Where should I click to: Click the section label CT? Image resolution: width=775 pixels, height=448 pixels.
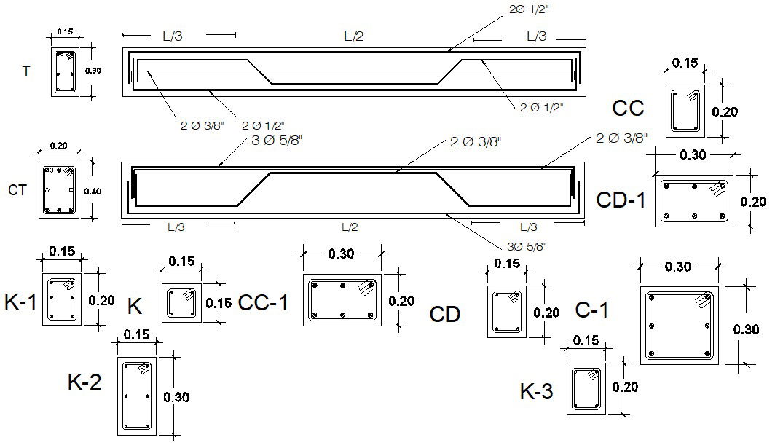[17, 190]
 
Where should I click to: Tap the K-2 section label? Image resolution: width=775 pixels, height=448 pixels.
[84, 382]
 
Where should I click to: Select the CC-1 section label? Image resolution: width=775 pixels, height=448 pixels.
[263, 302]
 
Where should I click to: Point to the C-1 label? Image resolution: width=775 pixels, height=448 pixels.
[591, 310]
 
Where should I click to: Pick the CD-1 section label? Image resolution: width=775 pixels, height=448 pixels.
[621, 200]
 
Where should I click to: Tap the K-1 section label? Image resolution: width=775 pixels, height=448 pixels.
[20, 302]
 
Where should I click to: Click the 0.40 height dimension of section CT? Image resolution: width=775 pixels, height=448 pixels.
[93, 191]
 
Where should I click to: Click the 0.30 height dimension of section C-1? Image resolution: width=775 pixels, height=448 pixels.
[745, 329]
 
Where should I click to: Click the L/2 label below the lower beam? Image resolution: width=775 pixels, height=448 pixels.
[350, 227]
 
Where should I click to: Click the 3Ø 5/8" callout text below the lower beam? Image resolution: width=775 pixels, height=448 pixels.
[525, 245]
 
